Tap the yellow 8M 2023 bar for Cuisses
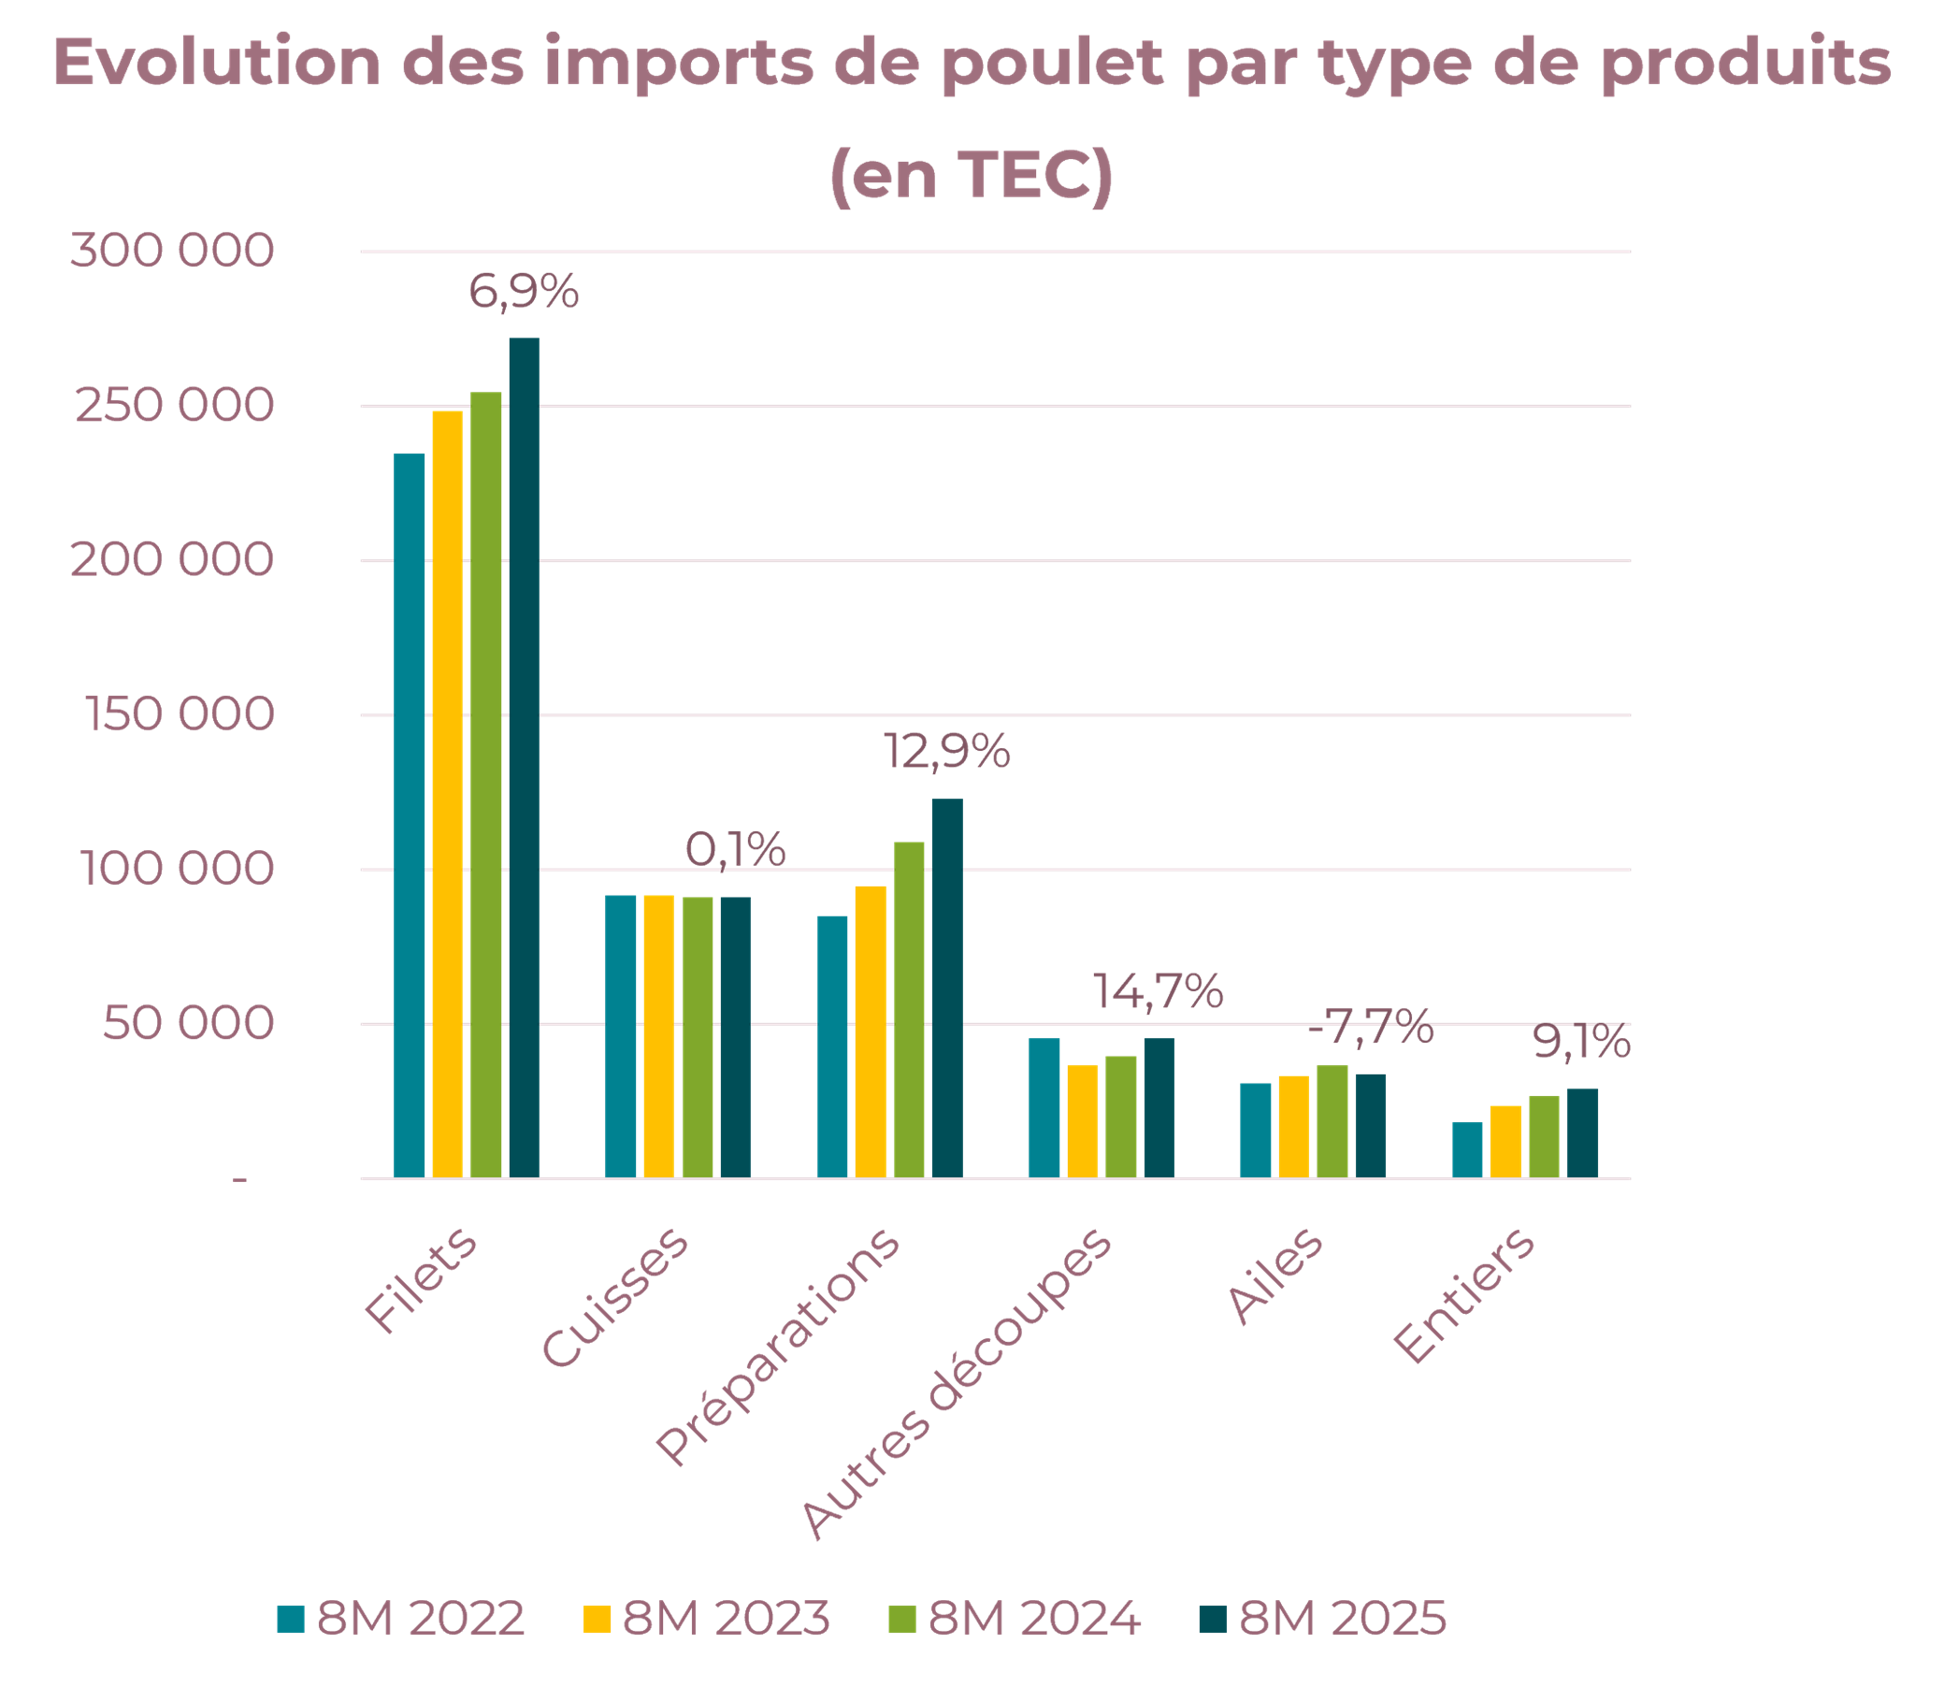tap(658, 1035)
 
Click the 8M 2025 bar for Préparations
tap(947, 988)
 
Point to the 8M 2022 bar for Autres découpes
tap(1044, 1107)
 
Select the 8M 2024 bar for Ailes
tap(1332, 1121)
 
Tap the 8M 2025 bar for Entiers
tap(1582, 1132)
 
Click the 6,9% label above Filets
tap(524, 292)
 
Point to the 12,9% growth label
tap(946, 752)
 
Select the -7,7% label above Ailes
tap(1371, 1027)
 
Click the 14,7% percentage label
tap(1157, 991)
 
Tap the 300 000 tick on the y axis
tap(172, 252)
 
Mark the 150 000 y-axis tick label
tap(180, 714)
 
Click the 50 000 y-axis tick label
tap(187, 1023)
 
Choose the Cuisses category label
tap(616, 1298)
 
